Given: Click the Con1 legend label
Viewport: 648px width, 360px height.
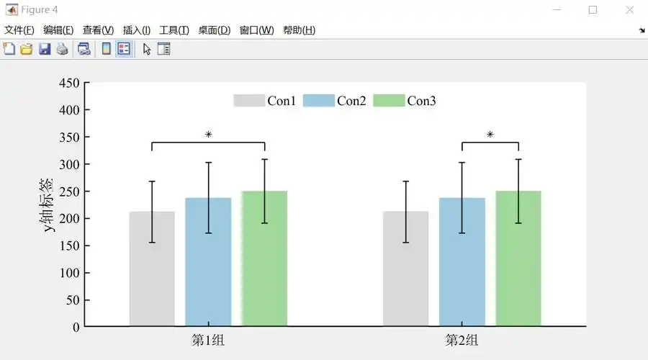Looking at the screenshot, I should pyautogui.click(x=282, y=101).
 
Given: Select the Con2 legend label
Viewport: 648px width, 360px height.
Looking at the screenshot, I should pyautogui.click(x=351, y=101).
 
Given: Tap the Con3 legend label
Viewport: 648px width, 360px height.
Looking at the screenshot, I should pyautogui.click(x=422, y=101).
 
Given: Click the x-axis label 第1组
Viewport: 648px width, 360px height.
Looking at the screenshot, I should pyautogui.click(x=208, y=340).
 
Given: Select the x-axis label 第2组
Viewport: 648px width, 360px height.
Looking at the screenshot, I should pyautogui.click(x=462, y=340).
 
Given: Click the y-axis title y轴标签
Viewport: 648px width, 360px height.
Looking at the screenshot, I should pyautogui.click(x=49, y=204).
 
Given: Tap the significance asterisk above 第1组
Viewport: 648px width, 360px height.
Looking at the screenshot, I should pyautogui.click(x=208, y=135).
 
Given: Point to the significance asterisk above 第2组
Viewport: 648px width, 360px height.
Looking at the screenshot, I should pyautogui.click(x=490, y=135).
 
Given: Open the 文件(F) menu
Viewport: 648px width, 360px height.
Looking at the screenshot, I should pyautogui.click(x=19, y=30).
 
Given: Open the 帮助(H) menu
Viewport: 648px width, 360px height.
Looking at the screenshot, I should pyautogui.click(x=299, y=30).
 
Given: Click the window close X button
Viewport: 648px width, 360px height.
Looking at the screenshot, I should pyautogui.click(x=629, y=10).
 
